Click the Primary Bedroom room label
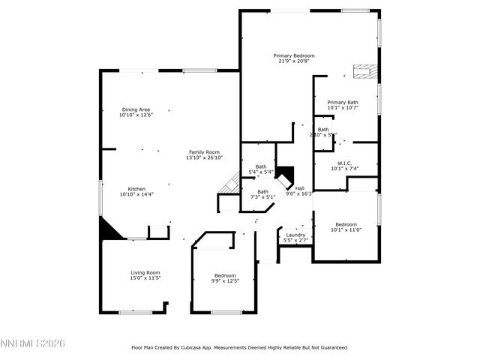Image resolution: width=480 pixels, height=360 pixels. [x=293, y=55]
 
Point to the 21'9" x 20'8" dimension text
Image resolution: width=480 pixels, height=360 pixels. [x=293, y=61]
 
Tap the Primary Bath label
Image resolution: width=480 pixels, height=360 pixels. [x=342, y=102]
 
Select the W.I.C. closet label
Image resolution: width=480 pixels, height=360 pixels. [x=344, y=163]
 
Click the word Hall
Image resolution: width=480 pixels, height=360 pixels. [x=299, y=188]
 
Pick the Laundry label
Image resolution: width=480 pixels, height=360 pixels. [x=295, y=235]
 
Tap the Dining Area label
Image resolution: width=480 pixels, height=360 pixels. [x=135, y=109]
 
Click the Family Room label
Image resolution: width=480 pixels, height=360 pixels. [x=204, y=152]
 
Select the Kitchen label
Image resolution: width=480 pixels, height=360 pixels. [x=136, y=189]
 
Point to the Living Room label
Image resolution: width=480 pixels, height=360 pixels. [x=145, y=272]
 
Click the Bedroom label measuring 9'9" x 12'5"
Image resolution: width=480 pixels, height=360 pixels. [x=225, y=275]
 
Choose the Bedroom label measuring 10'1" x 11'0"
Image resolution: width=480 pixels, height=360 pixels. [x=346, y=224]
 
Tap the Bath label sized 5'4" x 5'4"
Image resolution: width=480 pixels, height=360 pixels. [x=260, y=166]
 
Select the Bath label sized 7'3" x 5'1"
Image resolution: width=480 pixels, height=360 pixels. [x=262, y=192]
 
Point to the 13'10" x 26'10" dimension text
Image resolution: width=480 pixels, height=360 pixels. [x=204, y=158]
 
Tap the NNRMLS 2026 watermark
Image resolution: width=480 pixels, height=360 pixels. [x=33, y=343]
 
